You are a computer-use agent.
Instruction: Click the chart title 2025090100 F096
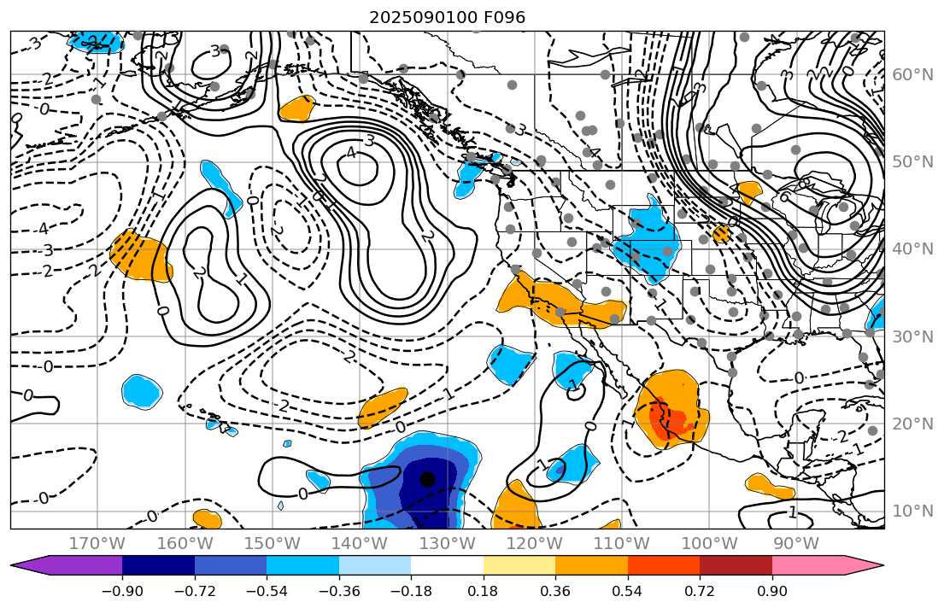pyautogui.click(x=447, y=17)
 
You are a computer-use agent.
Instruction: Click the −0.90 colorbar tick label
pyautogui.click(x=122, y=592)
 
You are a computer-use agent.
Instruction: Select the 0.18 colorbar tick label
pyautogui.click(x=484, y=592)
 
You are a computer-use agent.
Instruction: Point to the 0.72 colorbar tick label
pyautogui.click(x=700, y=592)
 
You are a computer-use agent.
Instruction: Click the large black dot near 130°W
pyautogui.click(x=428, y=479)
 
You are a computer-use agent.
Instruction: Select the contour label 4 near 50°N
pyautogui.click(x=350, y=153)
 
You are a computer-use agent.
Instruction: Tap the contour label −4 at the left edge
pyautogui.click(x=43, y=229)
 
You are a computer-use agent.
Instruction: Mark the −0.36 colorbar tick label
pyautogui.click(x=339, y=592)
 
